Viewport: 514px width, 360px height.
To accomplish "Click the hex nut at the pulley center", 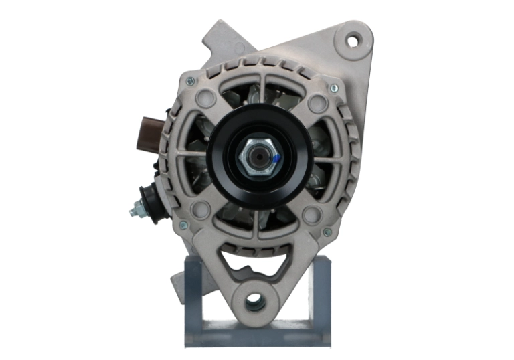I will pyautogui.click(x=256, y=158).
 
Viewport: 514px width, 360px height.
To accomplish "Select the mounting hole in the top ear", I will pyautogui.click(x=352, y=39).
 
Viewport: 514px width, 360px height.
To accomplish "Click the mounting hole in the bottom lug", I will pyautogui.click(x=255, y=302).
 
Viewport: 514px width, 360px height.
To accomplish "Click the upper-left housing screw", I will pyautogui.click(x=190, y=82).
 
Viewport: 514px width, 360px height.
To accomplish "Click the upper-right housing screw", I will pyautogui.click(x=334, y=88).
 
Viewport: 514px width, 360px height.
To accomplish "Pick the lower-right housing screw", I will pyautogui.click(x=327, y=232).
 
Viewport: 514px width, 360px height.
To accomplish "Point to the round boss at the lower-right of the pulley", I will pyautogui.click(x=309, y=214).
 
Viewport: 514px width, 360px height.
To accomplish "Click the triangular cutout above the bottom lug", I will pyautogui.click(x=255, y=264).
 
